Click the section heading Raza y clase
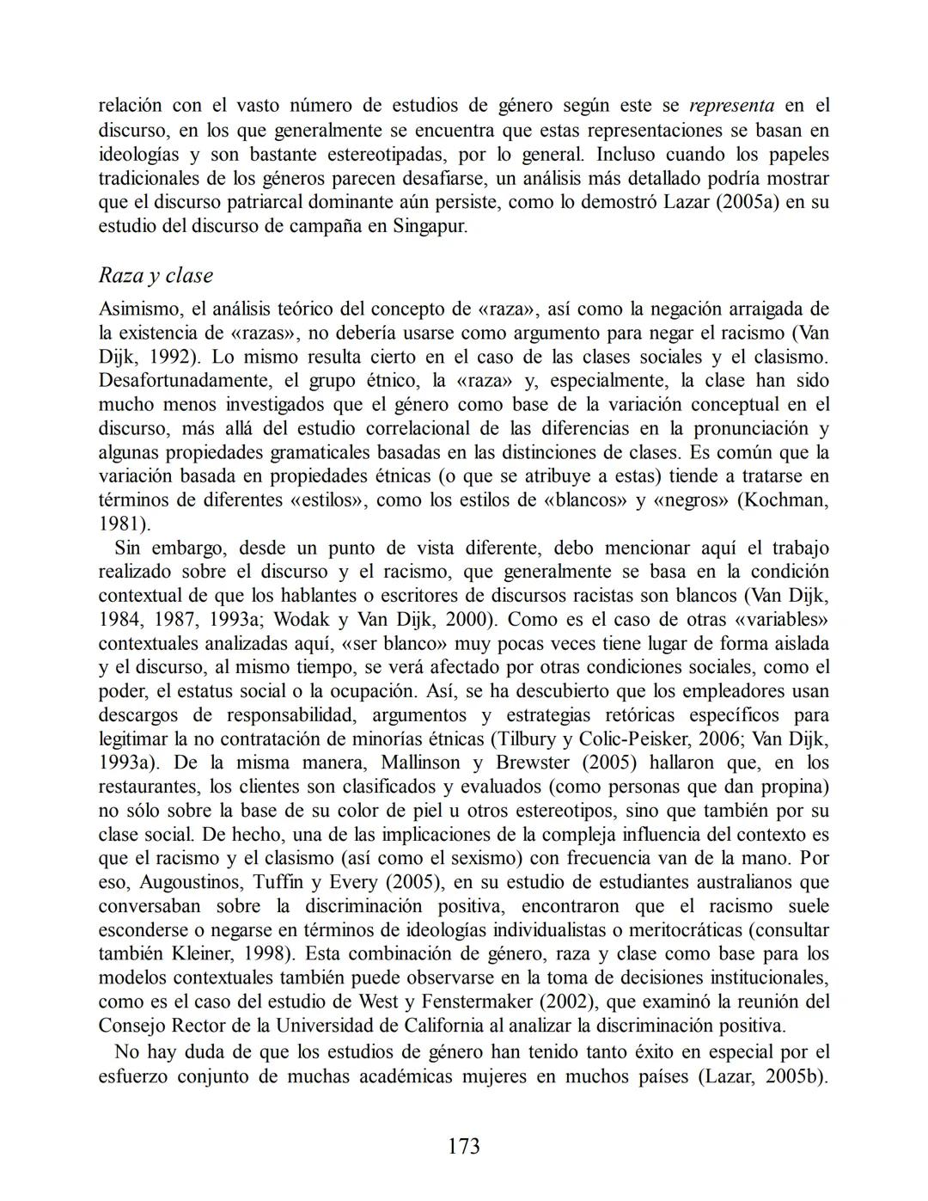pyautogui.click(x=156, y=276)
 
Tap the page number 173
pyautogui.click(x=464, y=1146)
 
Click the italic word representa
pyautogui.click(x=732, y=107)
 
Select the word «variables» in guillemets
pyautogui.click(x=782, y=619)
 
